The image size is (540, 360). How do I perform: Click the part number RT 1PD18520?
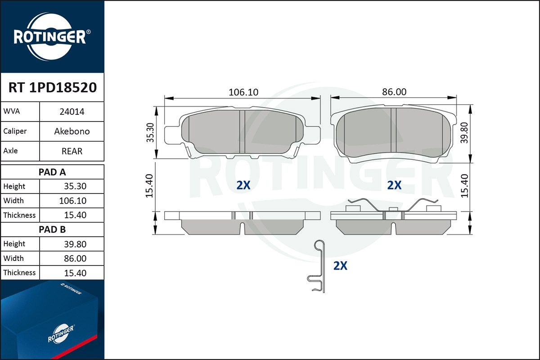point(53,87)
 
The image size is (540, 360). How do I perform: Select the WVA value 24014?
point(72,112)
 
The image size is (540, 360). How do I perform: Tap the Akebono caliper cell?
point(72,131)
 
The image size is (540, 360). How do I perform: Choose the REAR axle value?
point(72,151)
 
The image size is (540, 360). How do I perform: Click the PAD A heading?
point(52,172)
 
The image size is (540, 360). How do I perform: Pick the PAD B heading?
point(52,229)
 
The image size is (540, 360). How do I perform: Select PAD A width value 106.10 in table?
point(73,201)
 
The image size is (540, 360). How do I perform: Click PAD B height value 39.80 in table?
point(75,244)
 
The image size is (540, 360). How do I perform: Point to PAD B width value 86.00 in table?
point(75,258)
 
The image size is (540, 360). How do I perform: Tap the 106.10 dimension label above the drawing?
point(243,92)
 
